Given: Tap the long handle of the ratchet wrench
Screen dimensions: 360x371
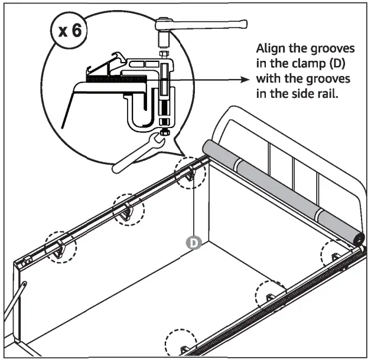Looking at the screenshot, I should click(x=212, y=24).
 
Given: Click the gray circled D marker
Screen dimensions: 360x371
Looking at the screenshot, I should click(x=192, y=242).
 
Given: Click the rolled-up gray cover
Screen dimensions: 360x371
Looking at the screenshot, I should click(x=278, y=188).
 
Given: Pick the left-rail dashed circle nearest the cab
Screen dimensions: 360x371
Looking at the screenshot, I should click(x=191, y=172).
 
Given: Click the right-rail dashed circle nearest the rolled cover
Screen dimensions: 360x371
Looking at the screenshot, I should click(x=335, y=254).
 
